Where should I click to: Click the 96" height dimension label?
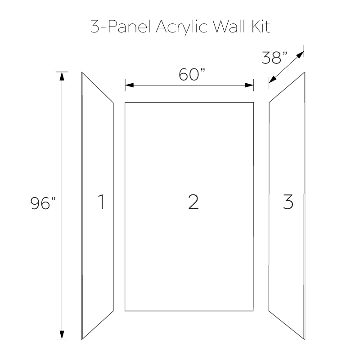pos(43,203)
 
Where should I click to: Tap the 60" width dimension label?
pos(192,75)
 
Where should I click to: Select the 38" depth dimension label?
pos(274,58)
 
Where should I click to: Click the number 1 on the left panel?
pos(101,202)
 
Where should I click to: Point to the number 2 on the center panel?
pos(193,202)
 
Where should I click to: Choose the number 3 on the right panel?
pos(288,202)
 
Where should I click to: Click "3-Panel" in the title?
pos(121,26)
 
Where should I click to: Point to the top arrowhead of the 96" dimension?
pos(62,76)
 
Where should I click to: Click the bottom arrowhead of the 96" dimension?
pos(62,335)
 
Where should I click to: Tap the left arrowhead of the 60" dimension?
pos(129,85)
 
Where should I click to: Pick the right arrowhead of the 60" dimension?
pos(249,85)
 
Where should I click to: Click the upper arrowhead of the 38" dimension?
pos(300,54)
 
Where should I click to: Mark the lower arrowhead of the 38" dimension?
pos(273,80)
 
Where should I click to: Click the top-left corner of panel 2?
pos(125,103)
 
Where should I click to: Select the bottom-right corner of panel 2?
pos(253,311)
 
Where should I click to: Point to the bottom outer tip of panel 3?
pos(305,339)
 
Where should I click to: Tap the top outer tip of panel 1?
pos(82,72)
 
